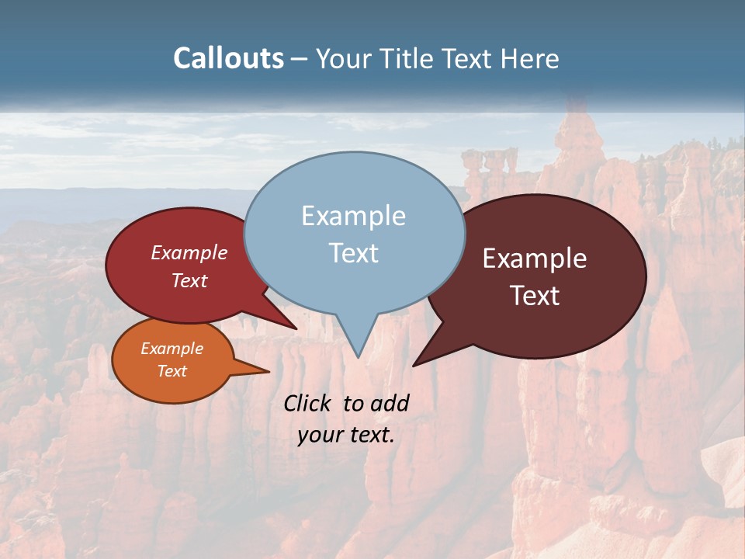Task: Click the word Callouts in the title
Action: pos(228,59)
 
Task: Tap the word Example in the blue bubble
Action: pos(353,216)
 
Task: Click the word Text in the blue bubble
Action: pos(353,253)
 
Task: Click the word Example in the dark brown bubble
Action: pos(535,259)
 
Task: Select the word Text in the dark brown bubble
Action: pos(535,296)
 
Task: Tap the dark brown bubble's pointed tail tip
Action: pos(414,365)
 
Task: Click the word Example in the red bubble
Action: pos(189,253)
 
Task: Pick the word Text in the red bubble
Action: pos(189,281)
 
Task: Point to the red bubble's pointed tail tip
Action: pos(296,328)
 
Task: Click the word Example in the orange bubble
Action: pos(172,349)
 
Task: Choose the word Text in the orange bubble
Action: pos(172,371)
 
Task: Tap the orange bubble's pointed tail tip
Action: pos(269,371)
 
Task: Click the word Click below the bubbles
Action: pos(309,403)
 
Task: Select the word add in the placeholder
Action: pos(390,403)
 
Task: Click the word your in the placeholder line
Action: pos(321,435)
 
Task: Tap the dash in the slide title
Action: pos(300,59)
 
